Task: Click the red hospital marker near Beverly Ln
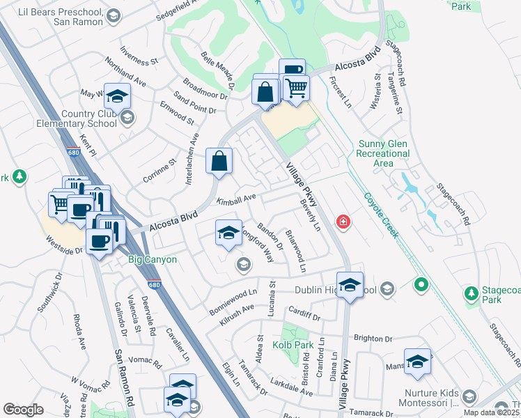tap(343, 223)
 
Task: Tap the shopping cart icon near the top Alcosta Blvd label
tap(296, 88)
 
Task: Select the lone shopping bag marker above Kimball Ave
tap(219, 161)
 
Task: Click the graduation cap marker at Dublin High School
tap(350, 284)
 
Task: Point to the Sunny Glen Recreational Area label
tap(382, 153)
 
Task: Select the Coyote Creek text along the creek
tap(381, 215)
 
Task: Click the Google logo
tap(23, 410)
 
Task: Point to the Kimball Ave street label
tap(236, 200)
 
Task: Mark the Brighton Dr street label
tap(373, 339)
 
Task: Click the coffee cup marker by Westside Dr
tap(98, 240)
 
